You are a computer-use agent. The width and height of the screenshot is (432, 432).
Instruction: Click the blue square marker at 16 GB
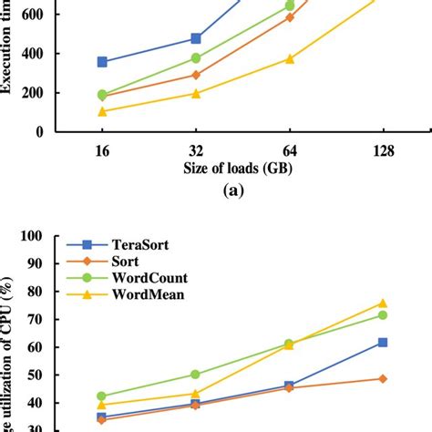pos(102,62)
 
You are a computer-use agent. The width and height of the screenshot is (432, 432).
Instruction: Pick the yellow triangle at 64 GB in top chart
pos(290,58)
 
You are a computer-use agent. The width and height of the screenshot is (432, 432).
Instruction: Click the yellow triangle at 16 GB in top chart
pos(102,111)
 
